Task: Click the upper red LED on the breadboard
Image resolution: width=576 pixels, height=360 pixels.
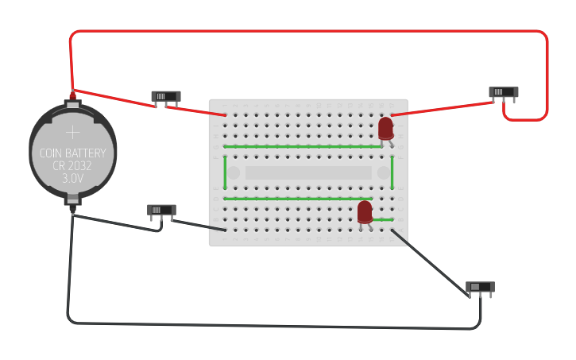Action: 385,128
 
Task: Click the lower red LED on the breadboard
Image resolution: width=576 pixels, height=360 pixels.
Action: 365,211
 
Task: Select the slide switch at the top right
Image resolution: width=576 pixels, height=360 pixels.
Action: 503,92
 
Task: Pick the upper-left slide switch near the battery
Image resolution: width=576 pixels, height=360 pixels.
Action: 166,96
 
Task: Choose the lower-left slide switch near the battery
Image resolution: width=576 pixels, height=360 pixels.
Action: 161,210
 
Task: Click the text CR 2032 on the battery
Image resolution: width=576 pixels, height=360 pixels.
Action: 72,166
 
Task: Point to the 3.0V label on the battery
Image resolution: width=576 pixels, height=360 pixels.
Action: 72,180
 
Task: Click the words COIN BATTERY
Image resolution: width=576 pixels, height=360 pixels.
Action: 72,153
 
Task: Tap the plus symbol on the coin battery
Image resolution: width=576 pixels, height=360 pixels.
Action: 72,131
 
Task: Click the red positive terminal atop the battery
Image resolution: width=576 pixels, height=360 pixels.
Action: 72,96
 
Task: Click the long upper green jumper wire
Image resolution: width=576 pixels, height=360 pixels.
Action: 302,146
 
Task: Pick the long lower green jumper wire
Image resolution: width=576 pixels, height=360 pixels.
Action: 298,198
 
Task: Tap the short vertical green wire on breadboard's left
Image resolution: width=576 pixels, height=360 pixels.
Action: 225,172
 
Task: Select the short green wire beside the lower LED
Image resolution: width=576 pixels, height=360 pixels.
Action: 383,219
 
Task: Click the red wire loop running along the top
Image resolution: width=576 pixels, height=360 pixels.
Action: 310,32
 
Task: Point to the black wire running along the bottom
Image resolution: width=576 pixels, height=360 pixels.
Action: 270,325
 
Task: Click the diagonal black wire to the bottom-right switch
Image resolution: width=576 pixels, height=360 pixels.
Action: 429,262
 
